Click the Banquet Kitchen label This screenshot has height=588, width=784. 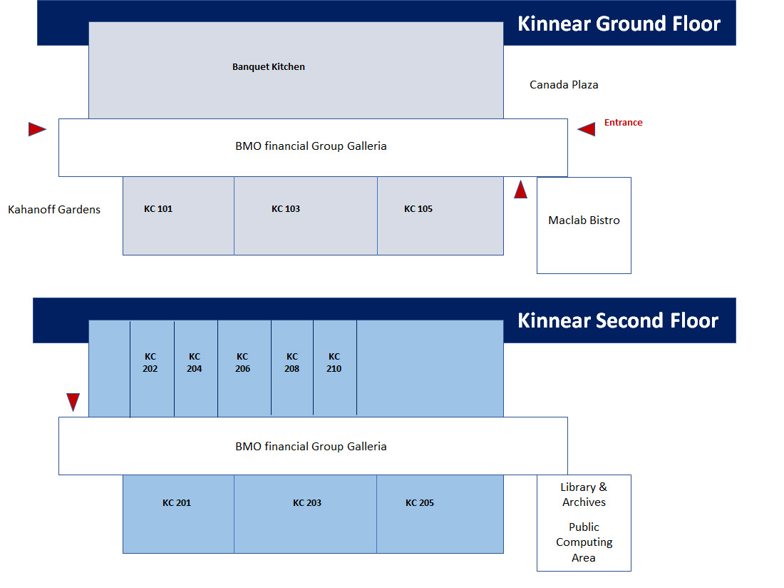[x=269, y=66]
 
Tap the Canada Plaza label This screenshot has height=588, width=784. [x=564, y=85]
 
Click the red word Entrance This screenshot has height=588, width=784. [x=623, y=122]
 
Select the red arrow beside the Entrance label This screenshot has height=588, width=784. [x=586, y=129]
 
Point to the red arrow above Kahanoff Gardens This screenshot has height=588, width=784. [x=37, y=129]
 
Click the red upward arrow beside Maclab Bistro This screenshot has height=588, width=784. [x=520, y=189]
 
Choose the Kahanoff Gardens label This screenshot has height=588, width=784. [x=54, y=209]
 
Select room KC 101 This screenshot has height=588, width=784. [x=178, y=216]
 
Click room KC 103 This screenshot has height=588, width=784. [x=306, y=216]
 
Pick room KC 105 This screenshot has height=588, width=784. [x=440, y=216]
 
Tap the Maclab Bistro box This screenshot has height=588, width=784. [x=584, y=225]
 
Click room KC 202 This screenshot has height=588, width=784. [x=152, y=368]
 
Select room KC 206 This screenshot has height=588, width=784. [x=244, y=368]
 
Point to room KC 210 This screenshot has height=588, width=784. [x=335, y=368]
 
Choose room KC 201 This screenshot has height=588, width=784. [x=178, y=514]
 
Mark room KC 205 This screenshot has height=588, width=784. [x=440, y=514]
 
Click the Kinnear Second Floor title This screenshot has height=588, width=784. [x=618, y=320]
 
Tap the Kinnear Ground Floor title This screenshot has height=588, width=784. [x=619, y=24]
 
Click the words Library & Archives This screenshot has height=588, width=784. [x=584, y=495]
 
